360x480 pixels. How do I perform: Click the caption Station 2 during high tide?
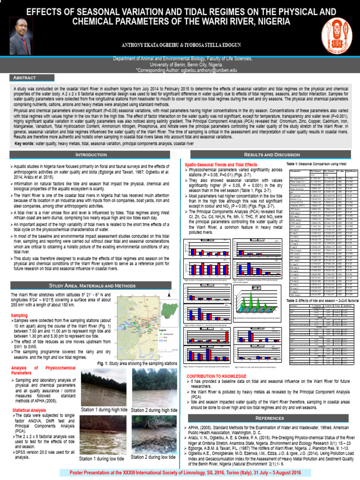[154, 410]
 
